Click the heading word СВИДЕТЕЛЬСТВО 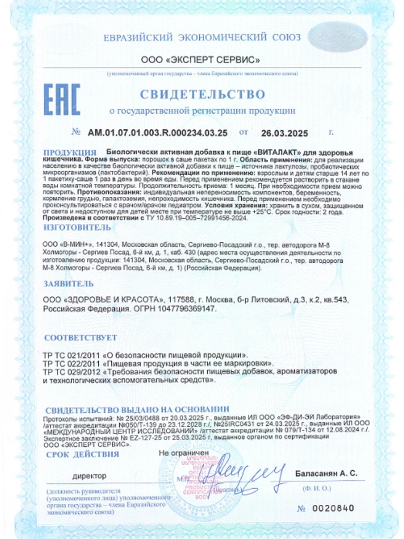[202, 94]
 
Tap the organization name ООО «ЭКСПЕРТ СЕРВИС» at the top [201, 60]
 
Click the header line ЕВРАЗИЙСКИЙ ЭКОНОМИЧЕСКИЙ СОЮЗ [202, 37]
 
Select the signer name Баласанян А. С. [326, 474]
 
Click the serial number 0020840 [334, 508]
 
